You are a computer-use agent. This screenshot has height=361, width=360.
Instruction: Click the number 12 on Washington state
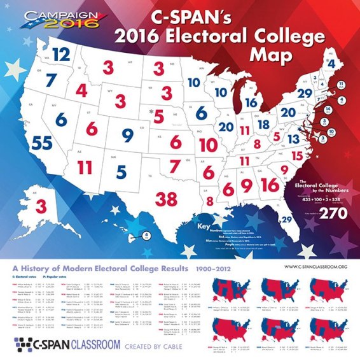[x=61, y=55]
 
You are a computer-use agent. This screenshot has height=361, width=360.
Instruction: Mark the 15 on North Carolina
[x=295, y=155]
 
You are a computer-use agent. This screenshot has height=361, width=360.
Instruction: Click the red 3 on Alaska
[x=40, y=206]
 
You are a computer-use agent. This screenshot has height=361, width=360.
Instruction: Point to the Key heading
[x=204, y=227]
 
